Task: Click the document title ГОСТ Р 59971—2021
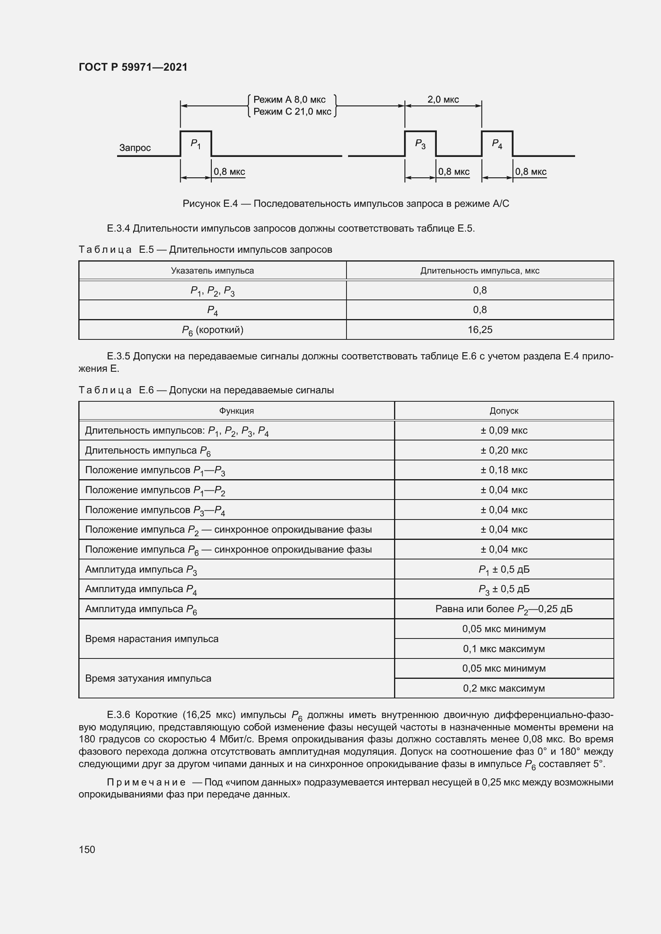[133, 67]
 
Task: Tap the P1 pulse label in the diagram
[195, 144]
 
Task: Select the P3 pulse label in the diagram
[420, 144]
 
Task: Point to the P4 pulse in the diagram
[497, 144]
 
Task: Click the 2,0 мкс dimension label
[443, 100]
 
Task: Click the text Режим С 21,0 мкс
[292, 111]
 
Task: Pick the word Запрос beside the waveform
[135, 148]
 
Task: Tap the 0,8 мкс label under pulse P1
[229, 172]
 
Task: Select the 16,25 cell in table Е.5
[480, 329]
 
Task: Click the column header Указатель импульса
[212, 270]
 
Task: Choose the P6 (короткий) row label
[212, 330]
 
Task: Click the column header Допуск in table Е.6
[504, 411]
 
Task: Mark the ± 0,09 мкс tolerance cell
[504, 430]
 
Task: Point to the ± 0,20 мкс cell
[504, 450]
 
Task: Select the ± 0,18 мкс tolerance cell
[504, 470]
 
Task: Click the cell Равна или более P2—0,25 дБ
[504, 609]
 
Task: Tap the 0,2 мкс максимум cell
[504, 688]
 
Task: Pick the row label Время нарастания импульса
[151, 639]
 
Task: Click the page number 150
[87, 849]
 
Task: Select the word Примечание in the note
[146, 782]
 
